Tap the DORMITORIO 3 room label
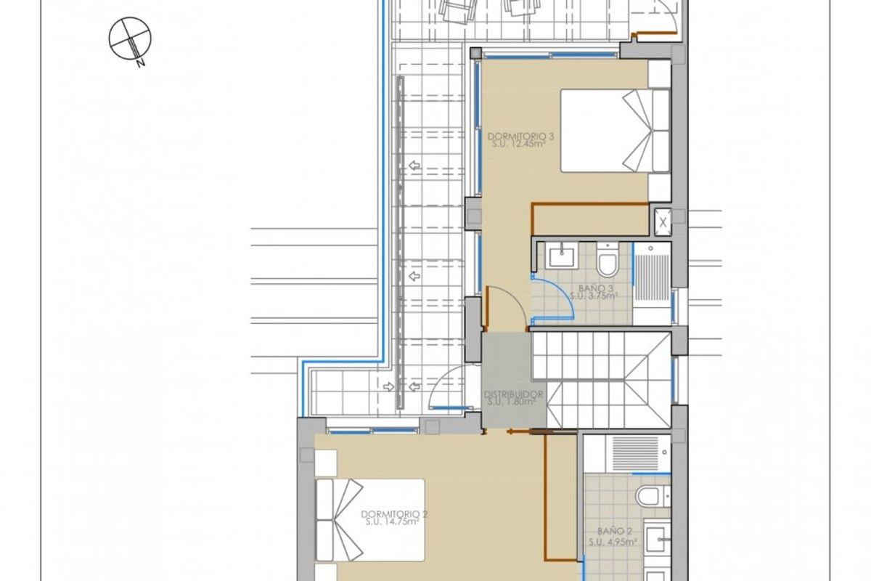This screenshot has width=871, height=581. (516, 136)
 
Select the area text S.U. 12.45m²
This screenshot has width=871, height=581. (516, 144)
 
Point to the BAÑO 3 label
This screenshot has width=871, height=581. (594, 288)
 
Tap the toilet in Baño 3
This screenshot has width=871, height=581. (607, 262)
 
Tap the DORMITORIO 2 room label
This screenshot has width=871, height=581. (394, 513)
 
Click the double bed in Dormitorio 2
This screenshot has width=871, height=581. (370, 519)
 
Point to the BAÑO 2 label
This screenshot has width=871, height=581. (612, 531)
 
